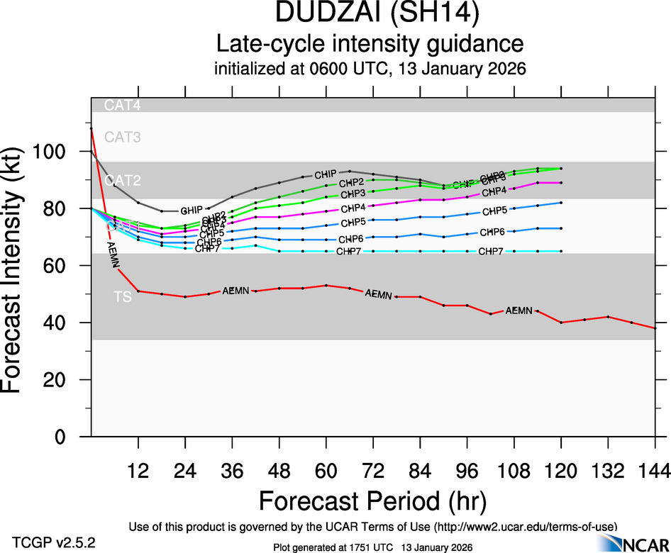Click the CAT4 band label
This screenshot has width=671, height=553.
coord(123,106)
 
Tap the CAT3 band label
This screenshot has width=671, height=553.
coord(123,138)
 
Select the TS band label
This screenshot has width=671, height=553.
coord(123,298)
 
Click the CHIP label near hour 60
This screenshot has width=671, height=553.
coord(326,174)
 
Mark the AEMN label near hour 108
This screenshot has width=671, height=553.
coord(518,311)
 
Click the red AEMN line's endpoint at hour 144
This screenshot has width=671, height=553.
coord(655,328)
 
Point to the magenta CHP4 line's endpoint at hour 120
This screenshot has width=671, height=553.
coord(561,183)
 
